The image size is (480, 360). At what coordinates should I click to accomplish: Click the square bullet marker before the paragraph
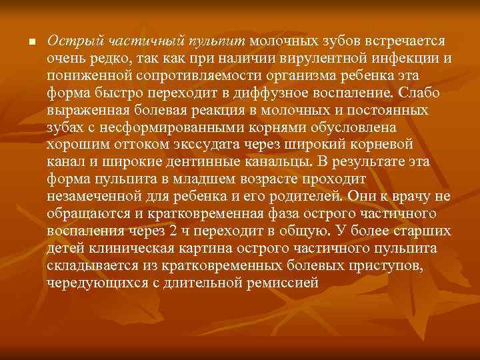click(31, 43)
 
